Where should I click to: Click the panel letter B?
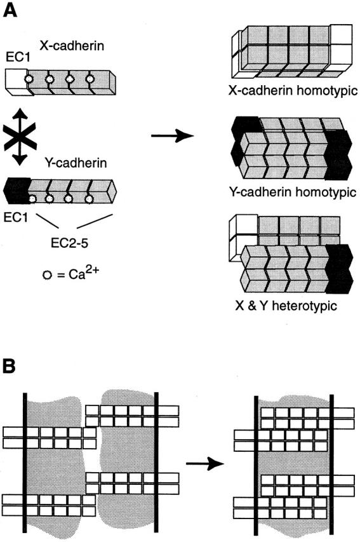(10, 366)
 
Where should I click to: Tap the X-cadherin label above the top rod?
(72, 45)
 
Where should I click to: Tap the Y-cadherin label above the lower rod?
(76, 163)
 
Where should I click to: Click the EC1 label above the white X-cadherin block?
(18, 57)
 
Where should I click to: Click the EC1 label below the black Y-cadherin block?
(15, 217)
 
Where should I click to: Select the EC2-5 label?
(69, 243)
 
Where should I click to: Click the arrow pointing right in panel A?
(173, 135)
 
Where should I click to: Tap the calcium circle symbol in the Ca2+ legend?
(47, 276)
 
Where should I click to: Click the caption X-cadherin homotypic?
(293, 91)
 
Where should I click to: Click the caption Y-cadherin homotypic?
(293, 191)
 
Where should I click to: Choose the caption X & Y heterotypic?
(286, 306)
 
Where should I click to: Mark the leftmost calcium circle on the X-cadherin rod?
(30, 79)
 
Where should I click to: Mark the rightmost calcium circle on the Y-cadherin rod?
(89, 199)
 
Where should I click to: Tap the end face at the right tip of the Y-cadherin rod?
(111, 191)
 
